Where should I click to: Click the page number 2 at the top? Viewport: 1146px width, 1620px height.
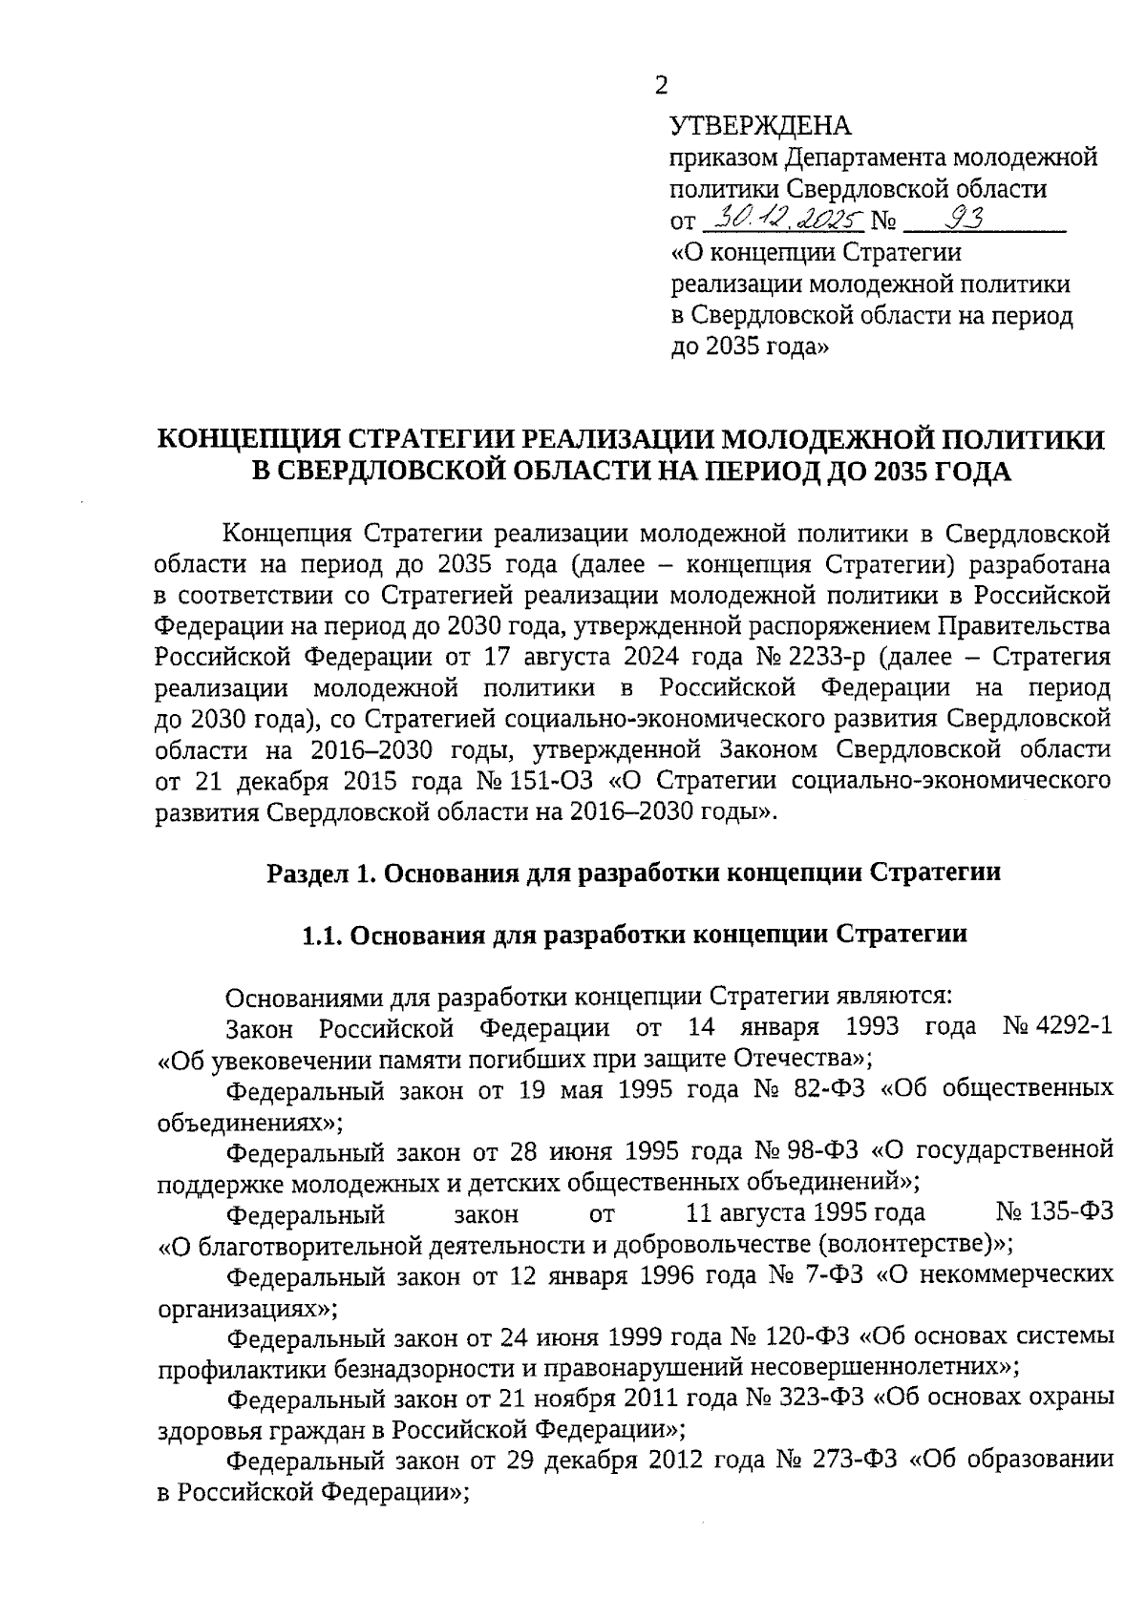pyautogui.click(x=661, y=86)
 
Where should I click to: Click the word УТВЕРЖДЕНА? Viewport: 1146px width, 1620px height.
pyautogui.click(x=760, y=126)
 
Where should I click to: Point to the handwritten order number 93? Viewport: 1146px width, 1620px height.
pyautogui.click(x=963, y=220)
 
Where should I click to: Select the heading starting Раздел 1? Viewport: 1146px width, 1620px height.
pyautogui.click(x=633, y=873)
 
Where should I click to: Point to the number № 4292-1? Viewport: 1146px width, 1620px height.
pyautogui.click(x=1058, y=1027)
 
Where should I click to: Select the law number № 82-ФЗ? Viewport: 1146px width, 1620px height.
pyautogui.click(x=822, y=1089)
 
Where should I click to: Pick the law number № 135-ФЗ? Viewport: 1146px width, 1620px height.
pyautogui.click(x=1054, y=1213)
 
